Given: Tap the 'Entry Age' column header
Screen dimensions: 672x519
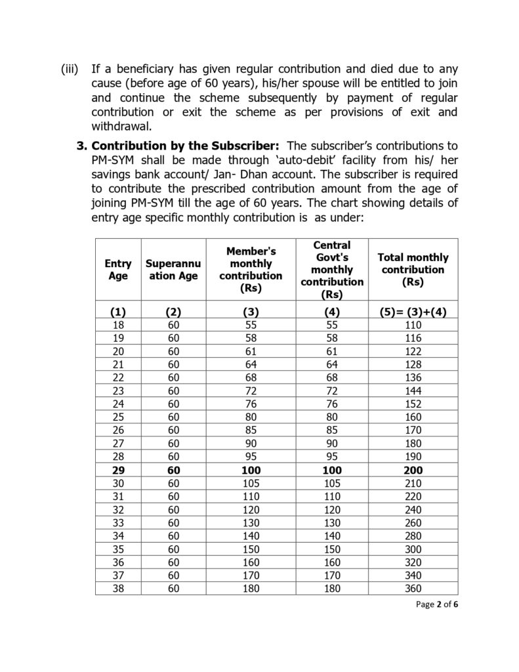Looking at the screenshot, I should (118, 270).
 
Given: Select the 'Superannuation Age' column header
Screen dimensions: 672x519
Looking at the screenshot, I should (172, 270).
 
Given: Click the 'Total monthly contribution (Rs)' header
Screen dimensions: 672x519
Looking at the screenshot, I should (413, 270).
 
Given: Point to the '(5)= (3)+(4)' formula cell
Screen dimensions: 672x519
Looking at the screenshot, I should (413, 312).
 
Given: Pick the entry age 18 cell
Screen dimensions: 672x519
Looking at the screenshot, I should (118, 324).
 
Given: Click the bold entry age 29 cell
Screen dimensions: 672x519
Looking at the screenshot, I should (118, 470).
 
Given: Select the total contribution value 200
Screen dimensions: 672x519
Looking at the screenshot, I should (413, 470).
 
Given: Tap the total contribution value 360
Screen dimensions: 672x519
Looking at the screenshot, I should (413, 589).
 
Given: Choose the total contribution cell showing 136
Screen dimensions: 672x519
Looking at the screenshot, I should (413, 377).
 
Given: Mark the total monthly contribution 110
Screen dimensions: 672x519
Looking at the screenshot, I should (413, 324).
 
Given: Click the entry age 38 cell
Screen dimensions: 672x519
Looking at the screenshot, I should (118, 589).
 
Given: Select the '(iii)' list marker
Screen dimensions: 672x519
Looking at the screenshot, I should (69, 69).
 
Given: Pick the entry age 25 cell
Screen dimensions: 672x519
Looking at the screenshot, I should (118, 417).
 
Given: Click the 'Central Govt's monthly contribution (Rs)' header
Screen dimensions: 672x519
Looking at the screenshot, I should (332, 270).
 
